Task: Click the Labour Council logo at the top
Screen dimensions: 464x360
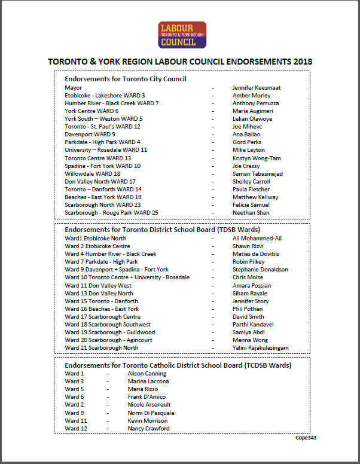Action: click(182, 35)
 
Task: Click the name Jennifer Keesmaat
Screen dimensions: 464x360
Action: click(256, 88)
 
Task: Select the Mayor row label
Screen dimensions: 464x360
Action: click(74, 88)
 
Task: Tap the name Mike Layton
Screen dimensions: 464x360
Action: click(248, 150)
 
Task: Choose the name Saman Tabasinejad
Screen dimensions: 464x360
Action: click(257, 173)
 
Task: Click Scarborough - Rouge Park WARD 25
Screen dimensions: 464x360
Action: click(111, 213)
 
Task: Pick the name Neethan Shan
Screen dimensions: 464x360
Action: click(251, 213)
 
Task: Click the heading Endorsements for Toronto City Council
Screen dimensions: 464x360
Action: click(126, 79)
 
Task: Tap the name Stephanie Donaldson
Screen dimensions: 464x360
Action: click(260, 270)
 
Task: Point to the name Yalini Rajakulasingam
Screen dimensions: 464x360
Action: click(260, 347)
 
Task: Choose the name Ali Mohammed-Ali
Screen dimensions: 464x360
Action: click(257, 239)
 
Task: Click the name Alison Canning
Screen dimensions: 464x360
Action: click(147, 374)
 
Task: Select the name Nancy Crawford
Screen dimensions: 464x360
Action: click(148, 428)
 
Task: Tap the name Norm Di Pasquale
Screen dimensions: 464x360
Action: click(151, 413)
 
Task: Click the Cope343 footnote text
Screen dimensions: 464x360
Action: click(306, 438)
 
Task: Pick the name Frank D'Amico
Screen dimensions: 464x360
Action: click(147, 397)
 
